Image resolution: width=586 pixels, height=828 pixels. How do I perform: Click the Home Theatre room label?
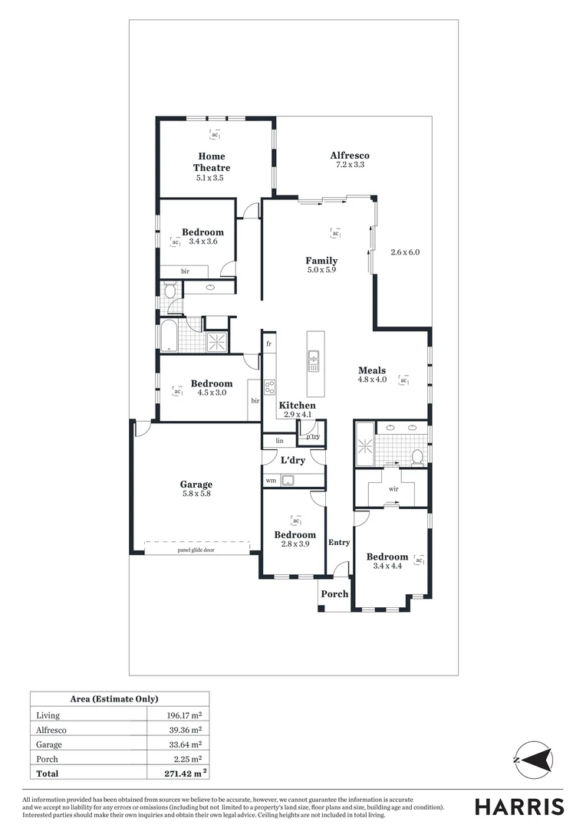pos(211,162)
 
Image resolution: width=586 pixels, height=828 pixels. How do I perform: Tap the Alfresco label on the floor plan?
pos(349,155)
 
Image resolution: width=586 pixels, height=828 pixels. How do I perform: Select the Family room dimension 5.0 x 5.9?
pos(321,270)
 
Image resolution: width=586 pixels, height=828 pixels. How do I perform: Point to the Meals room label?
pos(372,370)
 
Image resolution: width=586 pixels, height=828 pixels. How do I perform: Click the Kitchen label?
pos(297,405)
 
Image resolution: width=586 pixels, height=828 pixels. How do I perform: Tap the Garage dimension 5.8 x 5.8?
pos(196,495)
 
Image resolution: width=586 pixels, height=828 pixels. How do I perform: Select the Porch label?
pos(334,593)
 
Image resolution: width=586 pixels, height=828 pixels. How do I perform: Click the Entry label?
pos(339,542)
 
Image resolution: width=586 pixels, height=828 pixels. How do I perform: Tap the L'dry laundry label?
pos(293,460)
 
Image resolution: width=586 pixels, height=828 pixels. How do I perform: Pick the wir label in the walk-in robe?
pos(393,488)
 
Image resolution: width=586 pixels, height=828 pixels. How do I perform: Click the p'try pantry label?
pos(313,436)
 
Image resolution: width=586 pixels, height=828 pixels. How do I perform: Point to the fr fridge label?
pos(269,344)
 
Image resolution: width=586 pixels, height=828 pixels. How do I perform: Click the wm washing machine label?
pos(271,481)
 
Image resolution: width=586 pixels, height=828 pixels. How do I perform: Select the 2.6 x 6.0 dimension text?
pos(405,252)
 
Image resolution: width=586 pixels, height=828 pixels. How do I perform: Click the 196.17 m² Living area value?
pos(184,715)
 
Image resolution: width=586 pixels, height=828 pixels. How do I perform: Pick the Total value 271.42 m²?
pos(184,774)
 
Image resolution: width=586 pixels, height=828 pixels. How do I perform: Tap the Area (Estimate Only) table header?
pos(114,698)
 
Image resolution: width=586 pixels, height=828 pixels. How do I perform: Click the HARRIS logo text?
pos(519,807)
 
